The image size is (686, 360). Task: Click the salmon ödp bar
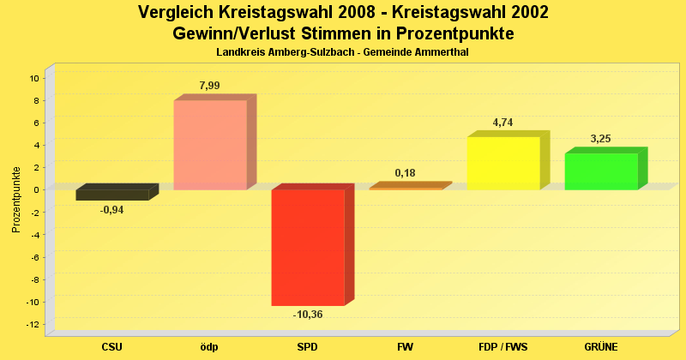[210, 145]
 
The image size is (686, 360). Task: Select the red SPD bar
[308, 247]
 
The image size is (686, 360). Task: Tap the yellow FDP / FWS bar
[503, 163]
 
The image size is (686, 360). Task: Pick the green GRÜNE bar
[601, 171]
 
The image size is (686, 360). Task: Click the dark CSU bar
[112, 195]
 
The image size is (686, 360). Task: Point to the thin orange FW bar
[406, 188]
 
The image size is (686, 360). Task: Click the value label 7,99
[211, 85]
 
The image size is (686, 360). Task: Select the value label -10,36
[308, 315]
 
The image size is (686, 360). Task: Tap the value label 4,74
[503, 123]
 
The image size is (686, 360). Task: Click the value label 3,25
[601, 139]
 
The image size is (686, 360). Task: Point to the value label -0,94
[111, 210]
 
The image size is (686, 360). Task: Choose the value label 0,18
[406, 173]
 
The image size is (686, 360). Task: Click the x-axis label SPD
[308, 346]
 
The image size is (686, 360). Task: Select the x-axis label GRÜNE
[601, 346]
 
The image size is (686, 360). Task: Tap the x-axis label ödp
[210, 346]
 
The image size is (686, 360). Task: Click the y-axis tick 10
[35, 78]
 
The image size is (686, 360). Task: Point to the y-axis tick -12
[33, 324]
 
